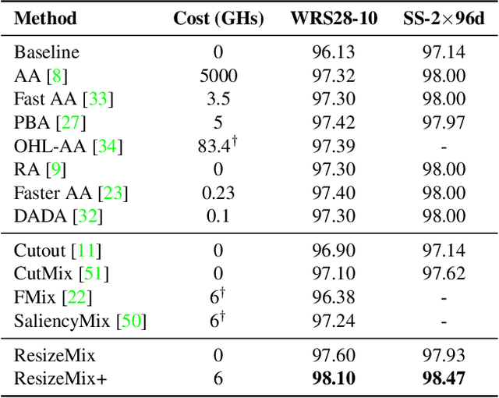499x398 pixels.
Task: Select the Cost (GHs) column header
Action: [x=218, y=17]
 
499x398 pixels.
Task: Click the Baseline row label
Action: [x=46, y=52]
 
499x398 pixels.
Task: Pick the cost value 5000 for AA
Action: [x=218, y=76]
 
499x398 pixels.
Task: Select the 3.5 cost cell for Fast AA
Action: [x=218, y=99]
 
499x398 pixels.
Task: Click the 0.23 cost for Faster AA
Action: [x=218, y=193]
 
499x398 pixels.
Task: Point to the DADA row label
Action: [x=37, y=216]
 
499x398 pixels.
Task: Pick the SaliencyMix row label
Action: [x=65, y=321]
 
